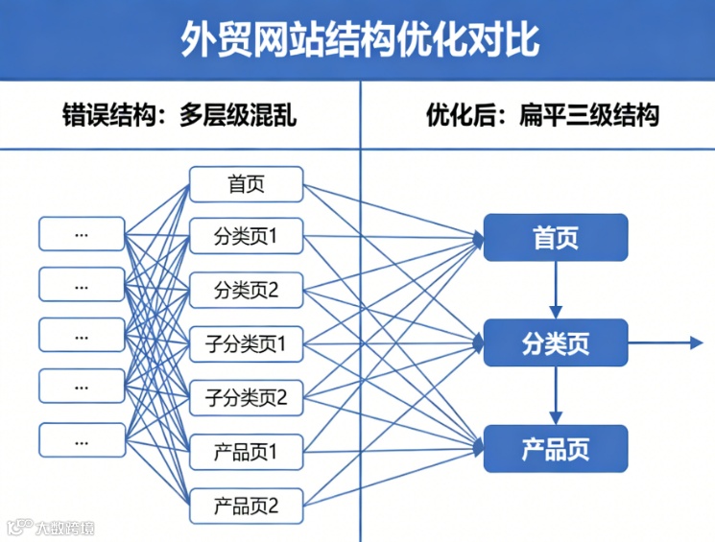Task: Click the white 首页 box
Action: [x=246, y=184]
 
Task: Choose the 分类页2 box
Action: [x=246, y=290]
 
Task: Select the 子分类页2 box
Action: [x=246, y=396]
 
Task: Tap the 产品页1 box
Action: [x=246, y=451]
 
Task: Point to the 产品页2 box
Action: [x=246, y=505]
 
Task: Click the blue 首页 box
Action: [x=556, y=238]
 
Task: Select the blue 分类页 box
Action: [x=556, y=343]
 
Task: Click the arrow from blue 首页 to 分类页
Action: [x=556, y=291]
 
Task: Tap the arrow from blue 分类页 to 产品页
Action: [x=556, y=396]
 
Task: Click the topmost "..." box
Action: [x=82, y=234]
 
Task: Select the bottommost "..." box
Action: [x=82, y=439]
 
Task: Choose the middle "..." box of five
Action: [x=82, y=336]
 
